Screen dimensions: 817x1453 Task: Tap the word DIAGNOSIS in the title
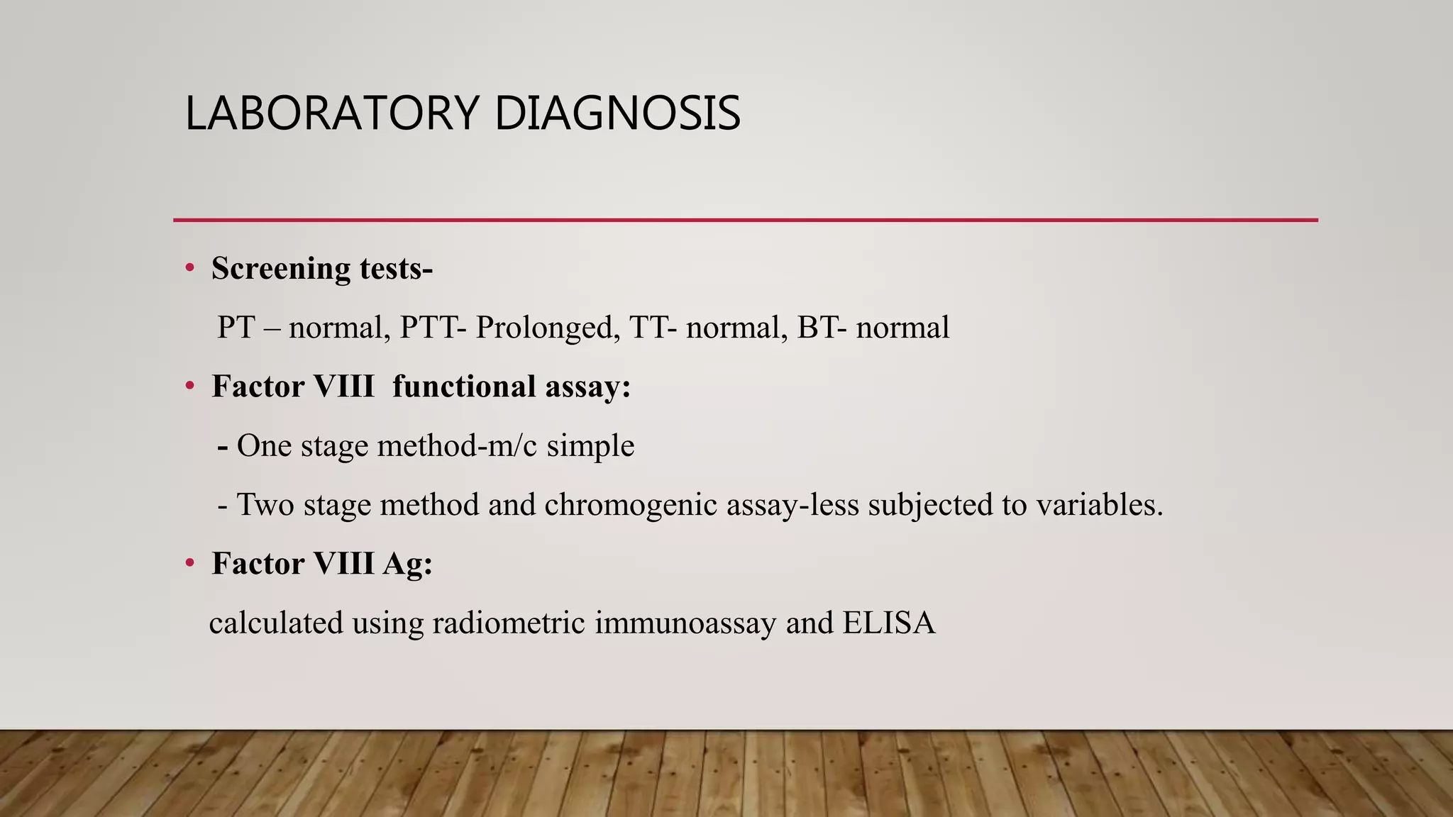(x=617, y=113)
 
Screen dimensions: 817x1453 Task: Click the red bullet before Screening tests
(x=189, y=269)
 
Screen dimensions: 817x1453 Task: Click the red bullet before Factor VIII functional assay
(x=189, y=387)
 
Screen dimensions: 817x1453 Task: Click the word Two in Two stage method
(x=265, y=505)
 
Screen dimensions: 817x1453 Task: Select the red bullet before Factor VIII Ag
(x=189, y=564)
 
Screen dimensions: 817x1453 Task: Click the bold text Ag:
(x=407, y=565)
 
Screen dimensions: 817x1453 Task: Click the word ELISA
(x=889, y=623)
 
